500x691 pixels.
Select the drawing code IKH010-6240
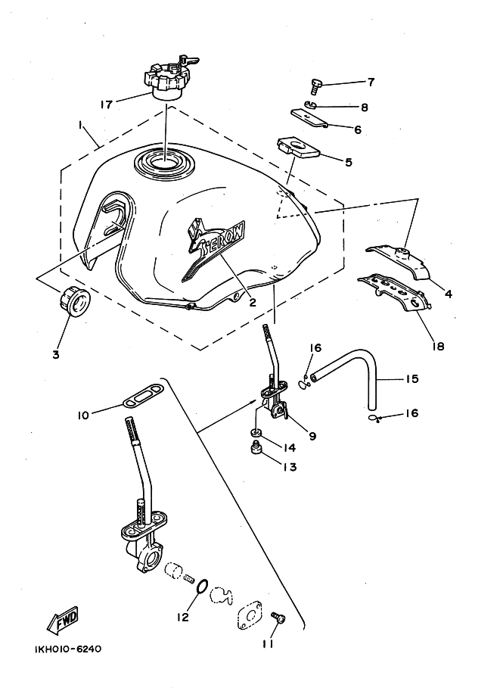point(67,649)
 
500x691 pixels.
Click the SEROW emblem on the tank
point(213,249)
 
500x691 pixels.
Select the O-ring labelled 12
point(201,587)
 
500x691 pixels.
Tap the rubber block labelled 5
point(298,148)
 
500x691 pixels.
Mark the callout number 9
point(312,436)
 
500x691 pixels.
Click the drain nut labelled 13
point(255,450)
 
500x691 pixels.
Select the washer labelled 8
point(311,105)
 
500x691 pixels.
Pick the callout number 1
point(81,126)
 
